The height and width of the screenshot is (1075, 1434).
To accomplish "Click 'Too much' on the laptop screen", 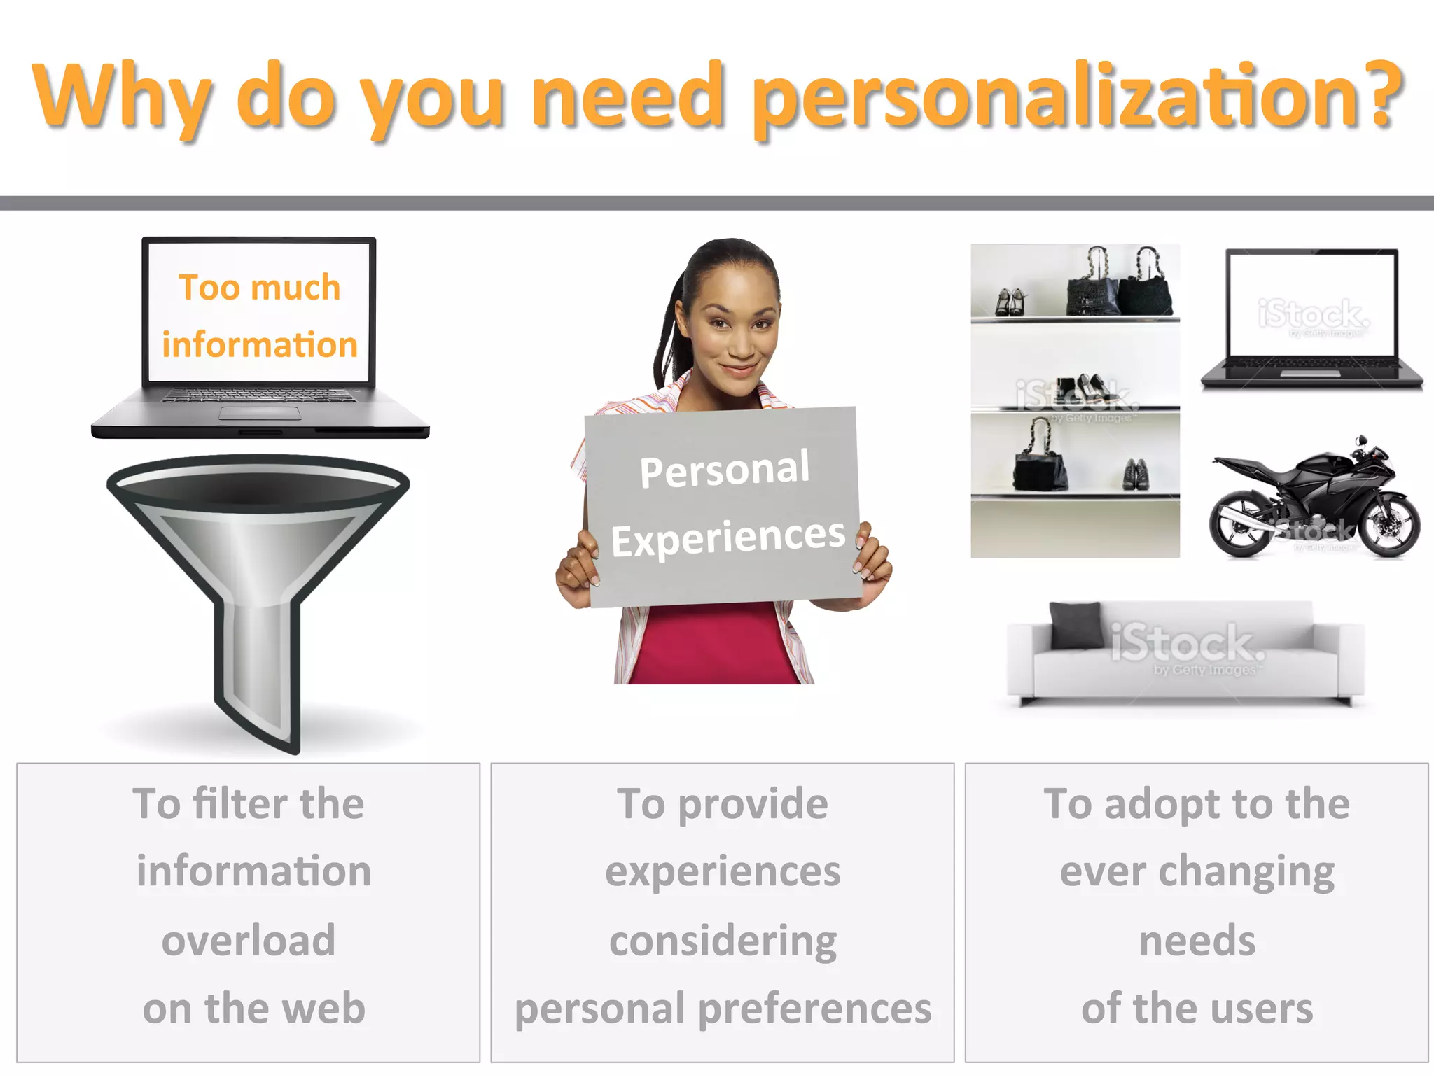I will pyautogui.click(x=259, y=288).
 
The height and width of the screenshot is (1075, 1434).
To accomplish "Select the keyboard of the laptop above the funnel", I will pyautogui.click(x=259, y=396).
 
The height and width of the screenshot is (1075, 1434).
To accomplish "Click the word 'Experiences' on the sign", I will pyautogui.click(x=728, y=537).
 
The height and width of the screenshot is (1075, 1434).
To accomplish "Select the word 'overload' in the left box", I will pyautogui.click(x=249, y=940).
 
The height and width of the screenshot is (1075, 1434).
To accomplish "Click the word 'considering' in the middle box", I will pyautogui.click(x=723, y=940).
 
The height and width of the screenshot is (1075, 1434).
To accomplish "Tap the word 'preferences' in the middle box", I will pyautogui.click(x=815, y=1009).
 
